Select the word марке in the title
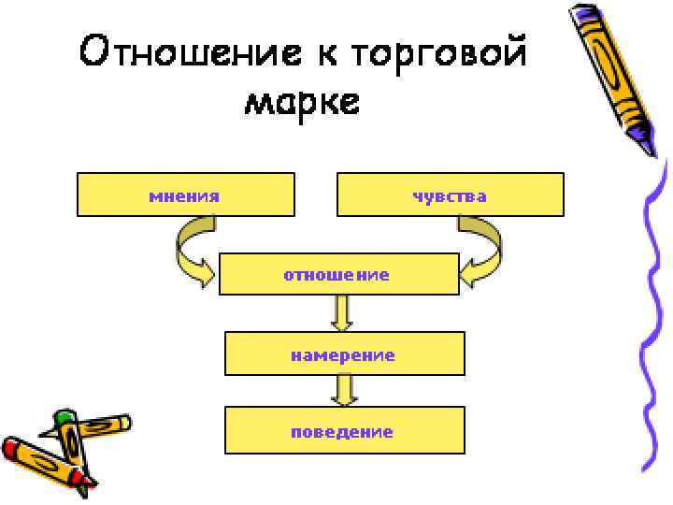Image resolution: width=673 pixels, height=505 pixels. pyautogui.click(x=301, y=101)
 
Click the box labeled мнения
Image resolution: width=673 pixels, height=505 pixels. pyautogui.click(x=185, y=195)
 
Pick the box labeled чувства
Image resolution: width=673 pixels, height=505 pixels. pyautogui.click(x=450, y=195)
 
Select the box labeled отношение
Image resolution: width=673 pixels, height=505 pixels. pyautogui.click(x=338, y=274)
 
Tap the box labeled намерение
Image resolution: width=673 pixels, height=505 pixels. pyautogui.click(x=344, y=353)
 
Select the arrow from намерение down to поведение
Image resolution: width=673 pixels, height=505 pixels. pyautogui.click(x=345, y=390)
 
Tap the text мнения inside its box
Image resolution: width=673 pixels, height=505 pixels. pyautogui.click(x=185, y=195)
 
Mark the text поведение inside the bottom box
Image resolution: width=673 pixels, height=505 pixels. pyautogui.click(x=342, y=432)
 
